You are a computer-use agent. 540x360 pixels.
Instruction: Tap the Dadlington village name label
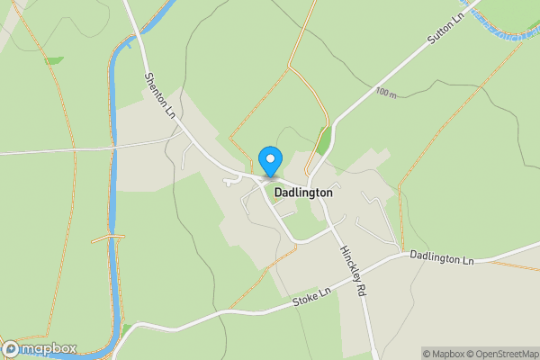click(x=297, y=193)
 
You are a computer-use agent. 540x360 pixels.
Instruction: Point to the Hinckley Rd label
click(x=353, y=269)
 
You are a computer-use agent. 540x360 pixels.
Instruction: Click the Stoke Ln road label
click(x=312, y=296)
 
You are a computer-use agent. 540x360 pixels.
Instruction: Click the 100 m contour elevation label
click(x=387, y=93)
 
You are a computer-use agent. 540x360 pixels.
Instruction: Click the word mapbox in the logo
click(x=49, y=349)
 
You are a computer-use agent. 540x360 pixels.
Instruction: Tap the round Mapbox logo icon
click(x=11, y=349)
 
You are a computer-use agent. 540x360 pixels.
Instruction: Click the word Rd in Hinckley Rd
click(x=363, y=289)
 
